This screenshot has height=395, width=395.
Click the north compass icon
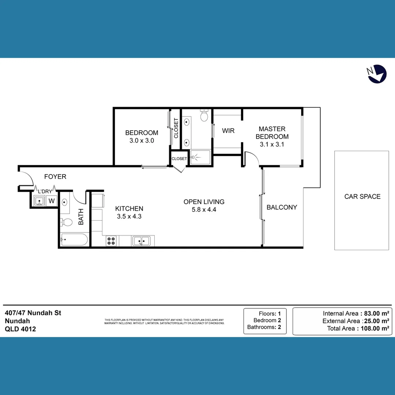pos(377,74)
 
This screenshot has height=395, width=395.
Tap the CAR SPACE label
pos(362,196)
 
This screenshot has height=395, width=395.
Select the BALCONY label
pos(282,207)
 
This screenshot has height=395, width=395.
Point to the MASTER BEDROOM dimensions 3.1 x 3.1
pos(272,144)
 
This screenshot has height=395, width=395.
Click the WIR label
pos(228,131)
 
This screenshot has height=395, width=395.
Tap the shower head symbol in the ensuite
pos(194,157)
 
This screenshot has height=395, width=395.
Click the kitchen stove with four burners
pos(111,241)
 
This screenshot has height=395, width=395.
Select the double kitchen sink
pos(141,241)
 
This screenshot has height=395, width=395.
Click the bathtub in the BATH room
pos(74,240)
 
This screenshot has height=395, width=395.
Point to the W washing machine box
pos(52,201)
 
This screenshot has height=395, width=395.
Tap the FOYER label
pos(55,177)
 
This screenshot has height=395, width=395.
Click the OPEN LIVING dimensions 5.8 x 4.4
pos(204,210)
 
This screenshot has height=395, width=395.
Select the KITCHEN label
pos(129,208)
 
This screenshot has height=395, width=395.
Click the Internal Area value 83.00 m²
pos(375,313)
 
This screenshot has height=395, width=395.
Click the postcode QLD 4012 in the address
pos(20,329)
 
